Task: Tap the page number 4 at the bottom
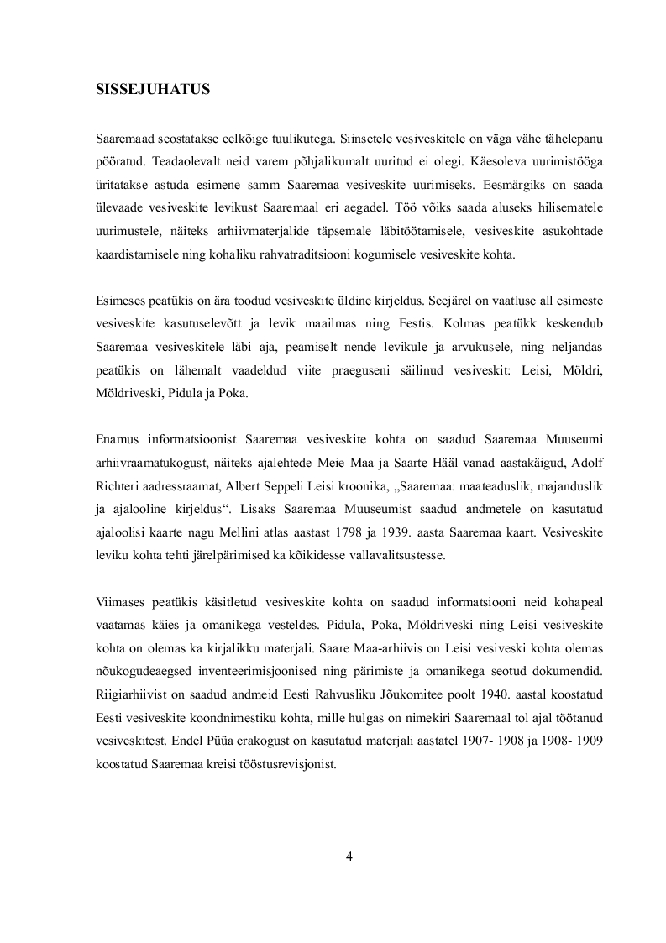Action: tap(349, 856)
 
